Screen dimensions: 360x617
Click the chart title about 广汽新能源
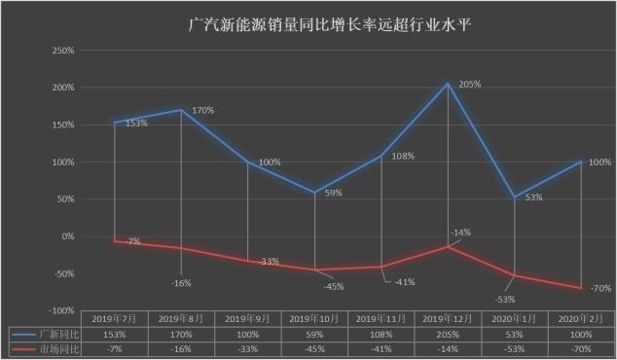tap(308, 21)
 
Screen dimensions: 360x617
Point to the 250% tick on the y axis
tap(61, 51)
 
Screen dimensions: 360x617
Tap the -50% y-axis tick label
tap(61, 273)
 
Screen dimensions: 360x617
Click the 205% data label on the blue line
tap(470, 85)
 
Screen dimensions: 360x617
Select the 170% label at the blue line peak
tap(202, 110)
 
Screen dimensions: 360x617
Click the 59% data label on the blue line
tap(333, 193)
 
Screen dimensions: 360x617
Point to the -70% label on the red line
tap(599, 288)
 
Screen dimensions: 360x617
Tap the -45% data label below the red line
tap(335, 286)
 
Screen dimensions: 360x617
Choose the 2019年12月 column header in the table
tap(448, 318)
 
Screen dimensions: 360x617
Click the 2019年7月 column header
tap(115, 318)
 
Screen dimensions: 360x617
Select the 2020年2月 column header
tap(581, 318)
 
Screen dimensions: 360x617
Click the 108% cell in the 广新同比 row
tap(381, 332)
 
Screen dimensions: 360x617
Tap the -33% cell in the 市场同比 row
tap(248, 346)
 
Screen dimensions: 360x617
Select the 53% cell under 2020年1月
tap(515, 332)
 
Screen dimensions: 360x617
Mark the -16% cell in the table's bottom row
tap(181, 346)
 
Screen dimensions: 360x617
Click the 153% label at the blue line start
tap(136, 124)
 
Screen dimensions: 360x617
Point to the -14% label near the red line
tap(460, 233)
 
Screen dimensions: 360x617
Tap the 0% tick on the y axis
tap(67, 236)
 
